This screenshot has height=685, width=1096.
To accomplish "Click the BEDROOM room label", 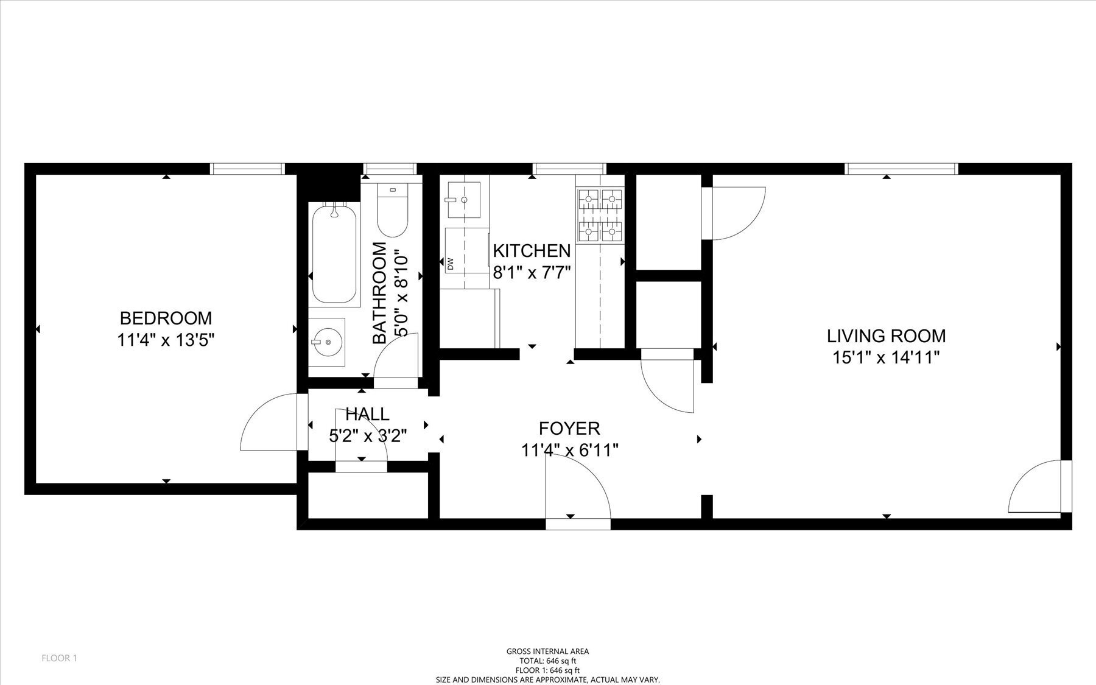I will [166, 318].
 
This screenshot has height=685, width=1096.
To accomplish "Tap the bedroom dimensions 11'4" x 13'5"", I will [166, 340].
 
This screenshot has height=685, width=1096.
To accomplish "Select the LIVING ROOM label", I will [886, 336].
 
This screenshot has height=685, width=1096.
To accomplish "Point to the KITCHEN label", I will [531, 251].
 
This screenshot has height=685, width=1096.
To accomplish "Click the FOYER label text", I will [569, 429].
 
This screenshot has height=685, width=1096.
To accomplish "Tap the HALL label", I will [367, 415].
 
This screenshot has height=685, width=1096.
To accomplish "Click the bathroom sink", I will [328, 343].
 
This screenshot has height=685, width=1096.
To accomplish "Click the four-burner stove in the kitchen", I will [600, 214].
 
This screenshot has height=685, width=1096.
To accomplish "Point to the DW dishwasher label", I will [451, 264].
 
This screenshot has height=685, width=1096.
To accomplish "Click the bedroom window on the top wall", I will [247, 169].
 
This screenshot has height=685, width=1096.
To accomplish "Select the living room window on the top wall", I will [901, 169].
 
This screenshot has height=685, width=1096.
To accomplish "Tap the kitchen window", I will [569, 169].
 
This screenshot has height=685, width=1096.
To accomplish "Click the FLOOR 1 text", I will [59, 658].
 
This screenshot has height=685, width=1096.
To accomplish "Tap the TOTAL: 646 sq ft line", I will [547, 661].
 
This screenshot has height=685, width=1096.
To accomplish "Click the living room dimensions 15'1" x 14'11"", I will [886, 357].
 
